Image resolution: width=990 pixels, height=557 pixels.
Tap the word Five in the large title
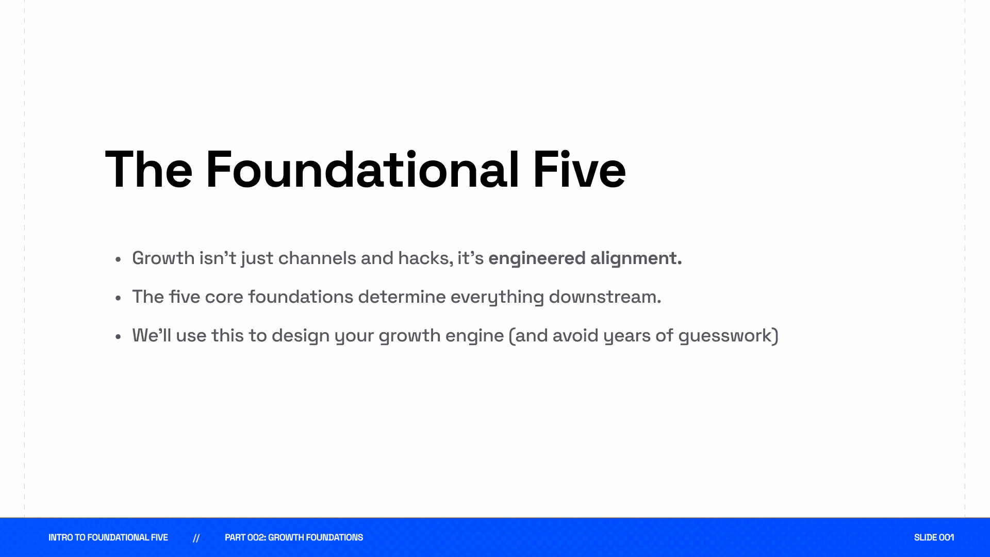click(x=580, y=170)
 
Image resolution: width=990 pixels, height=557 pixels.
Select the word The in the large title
click(x=148, y=170)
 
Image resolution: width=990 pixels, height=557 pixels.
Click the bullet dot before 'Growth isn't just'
click(x=118, y=259)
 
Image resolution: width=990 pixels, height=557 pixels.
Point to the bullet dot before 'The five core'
click(x=118, y=298)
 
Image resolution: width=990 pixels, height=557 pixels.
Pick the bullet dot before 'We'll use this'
click(x=118, y=336)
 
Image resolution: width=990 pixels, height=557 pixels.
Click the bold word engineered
click(x=537, y=258)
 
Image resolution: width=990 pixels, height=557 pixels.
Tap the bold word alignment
click(x=636, y=258)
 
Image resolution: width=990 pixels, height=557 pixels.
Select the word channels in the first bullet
click(x=317, y=258)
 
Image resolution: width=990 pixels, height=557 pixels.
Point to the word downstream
click(x=605, y=297)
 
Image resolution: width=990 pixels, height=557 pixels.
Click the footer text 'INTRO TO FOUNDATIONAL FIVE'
click(x=108, y=537)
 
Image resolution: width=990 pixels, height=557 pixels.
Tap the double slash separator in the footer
click(x=196, y=538)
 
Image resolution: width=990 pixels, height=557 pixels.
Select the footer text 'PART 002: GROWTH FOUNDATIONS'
click(x=294, y=537)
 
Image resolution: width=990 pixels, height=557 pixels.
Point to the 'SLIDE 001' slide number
click(x=934, y=537)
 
